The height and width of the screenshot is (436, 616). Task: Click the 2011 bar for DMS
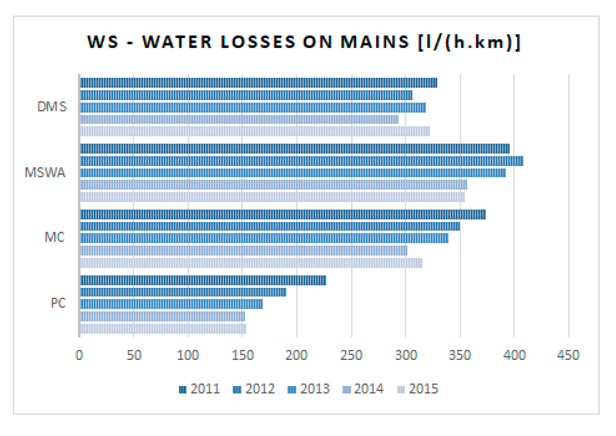(x=259, y=83)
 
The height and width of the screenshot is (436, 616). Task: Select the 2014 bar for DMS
(x=239, y=119)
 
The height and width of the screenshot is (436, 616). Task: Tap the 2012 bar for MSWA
(x=302, y=161)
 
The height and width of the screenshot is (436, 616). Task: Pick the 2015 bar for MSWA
(x=272, y=197)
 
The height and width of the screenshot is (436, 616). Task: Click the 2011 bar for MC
(x=283, y=214)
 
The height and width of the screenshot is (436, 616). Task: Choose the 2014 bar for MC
(x=244, y=251)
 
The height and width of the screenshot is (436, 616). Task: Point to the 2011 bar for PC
(x=203, y=280)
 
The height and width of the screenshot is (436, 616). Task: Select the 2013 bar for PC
(x=171, y=304)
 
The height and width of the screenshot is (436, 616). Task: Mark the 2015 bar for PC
(x=163, y=329)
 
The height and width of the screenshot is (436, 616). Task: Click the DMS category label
(x=52, y=107)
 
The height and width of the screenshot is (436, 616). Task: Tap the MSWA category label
(x=45, y=173)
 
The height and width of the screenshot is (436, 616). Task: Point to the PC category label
(x=58, y=303)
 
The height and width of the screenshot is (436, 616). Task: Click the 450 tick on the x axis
(x=568, y=355)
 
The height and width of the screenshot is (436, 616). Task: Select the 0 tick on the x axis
(x=79, y=355)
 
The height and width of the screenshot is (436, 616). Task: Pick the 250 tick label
(x=351, y=355)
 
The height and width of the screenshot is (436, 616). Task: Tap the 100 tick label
(x=188, y=355)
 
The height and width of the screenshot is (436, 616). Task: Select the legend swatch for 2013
(x=291, y=390)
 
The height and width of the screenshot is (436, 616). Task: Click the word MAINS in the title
(x=375, y=42)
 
